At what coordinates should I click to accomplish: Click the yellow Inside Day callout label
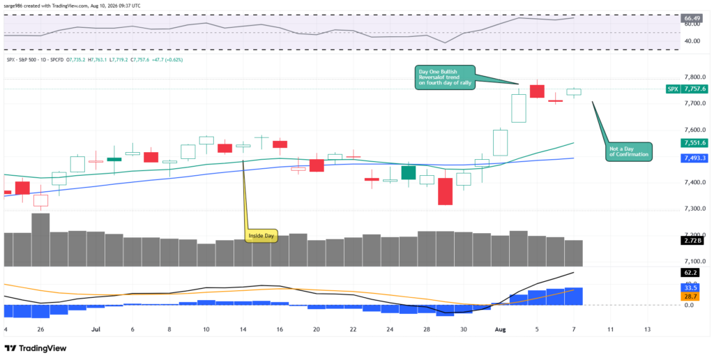(261, 236)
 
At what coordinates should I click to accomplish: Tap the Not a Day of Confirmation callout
(630, 152)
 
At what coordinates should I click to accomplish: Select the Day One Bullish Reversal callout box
(444, 77)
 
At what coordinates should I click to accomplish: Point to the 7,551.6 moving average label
(694, 143)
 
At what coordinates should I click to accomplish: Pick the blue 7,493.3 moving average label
(694, 158)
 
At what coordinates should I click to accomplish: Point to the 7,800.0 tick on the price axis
(695, 77)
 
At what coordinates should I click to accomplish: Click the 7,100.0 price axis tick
(695, 262)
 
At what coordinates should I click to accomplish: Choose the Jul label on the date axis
(96, 329)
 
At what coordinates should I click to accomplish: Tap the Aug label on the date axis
(500, 329)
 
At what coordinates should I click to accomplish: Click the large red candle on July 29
(445, 191)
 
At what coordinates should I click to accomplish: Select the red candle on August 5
(537, 91)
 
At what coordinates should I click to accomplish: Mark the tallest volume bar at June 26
(40, 240)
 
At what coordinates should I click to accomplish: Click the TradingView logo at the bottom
(36, 349)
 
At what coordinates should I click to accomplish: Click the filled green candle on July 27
(409, 173)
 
